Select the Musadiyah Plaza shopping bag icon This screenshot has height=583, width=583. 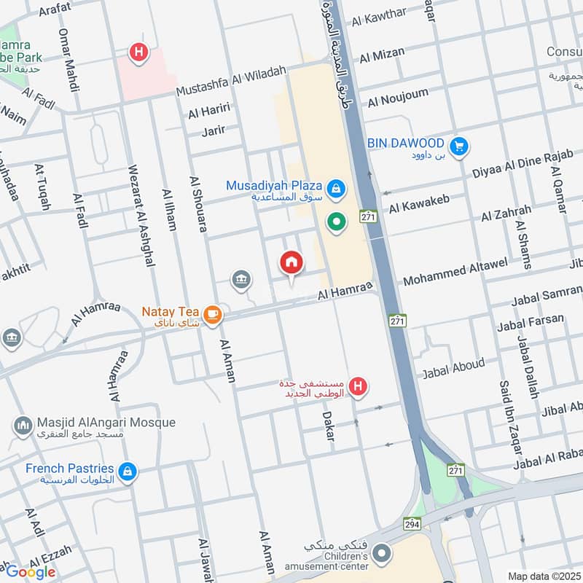coord(335,189)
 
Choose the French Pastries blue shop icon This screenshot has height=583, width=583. coord(128,472)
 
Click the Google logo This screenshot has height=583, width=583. coord(31,571)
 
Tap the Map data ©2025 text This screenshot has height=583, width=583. coord(543,576)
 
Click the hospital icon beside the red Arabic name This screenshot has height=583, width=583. coord(357,387)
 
